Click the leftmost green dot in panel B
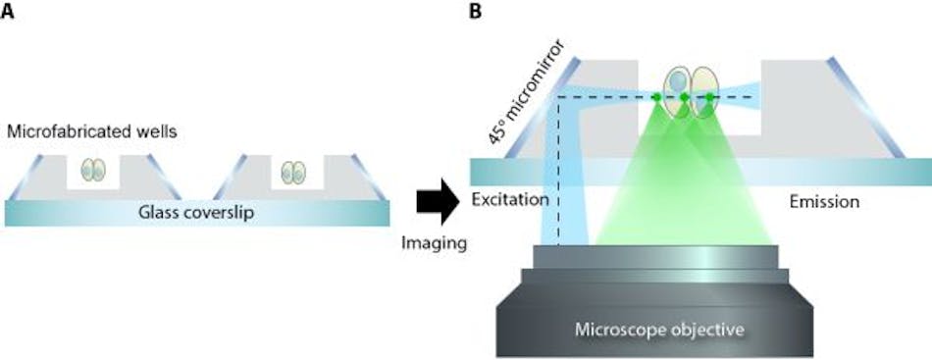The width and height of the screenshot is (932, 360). pyautogui.click(x=657, y=97)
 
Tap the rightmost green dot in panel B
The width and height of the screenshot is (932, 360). pyautogui.click(x=709, y=97)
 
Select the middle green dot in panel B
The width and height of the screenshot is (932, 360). pyautogui.click(x=684, y=97)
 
